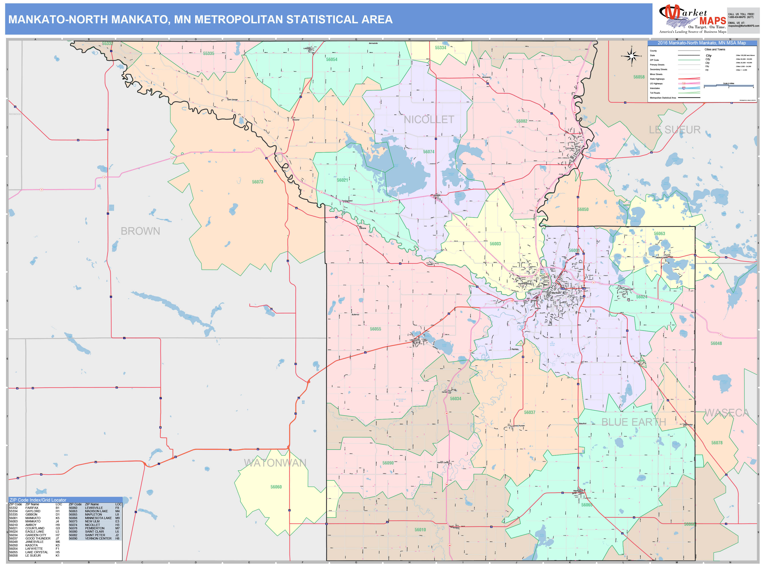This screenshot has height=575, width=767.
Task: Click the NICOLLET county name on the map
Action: (x=429, y=120)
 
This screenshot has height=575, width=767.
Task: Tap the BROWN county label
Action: (x=140, y=231)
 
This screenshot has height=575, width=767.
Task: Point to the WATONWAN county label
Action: (x=275, y=463)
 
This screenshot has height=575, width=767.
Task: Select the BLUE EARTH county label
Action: (x=633, y=422)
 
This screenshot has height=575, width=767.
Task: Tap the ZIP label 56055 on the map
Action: (x=375, y=329)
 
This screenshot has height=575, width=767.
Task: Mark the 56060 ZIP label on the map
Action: (x=276, y=487)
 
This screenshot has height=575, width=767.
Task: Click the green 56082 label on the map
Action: (x=522, y=121)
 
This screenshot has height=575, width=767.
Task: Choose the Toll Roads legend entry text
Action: (x=655, y=93)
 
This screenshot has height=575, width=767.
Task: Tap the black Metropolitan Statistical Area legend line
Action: (x=689, y=98)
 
